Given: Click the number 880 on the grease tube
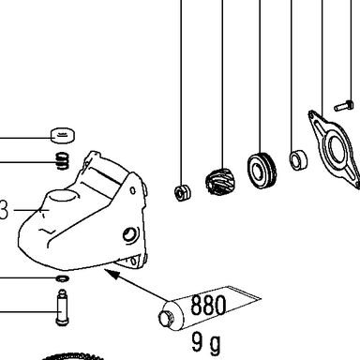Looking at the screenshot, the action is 208,305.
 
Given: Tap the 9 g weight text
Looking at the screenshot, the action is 206,343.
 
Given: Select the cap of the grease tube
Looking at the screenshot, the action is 166,318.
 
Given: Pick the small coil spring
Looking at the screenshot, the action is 63,161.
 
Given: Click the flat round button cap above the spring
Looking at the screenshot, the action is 63,135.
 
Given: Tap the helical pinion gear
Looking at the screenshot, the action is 217,183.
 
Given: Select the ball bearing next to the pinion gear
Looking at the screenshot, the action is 262,170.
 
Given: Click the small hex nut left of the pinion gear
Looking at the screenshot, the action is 182,192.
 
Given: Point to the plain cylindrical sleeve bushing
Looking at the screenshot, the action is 298,160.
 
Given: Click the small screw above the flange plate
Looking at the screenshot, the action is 344,106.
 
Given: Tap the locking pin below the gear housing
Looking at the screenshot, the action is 63,307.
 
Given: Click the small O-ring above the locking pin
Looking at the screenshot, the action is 63,277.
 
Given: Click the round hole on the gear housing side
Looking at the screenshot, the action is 129,233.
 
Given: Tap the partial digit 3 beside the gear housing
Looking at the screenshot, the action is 3,210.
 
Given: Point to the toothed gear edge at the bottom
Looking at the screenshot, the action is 72,356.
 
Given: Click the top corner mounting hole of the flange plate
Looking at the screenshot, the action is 311,116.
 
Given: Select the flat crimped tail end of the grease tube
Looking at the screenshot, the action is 244,293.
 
